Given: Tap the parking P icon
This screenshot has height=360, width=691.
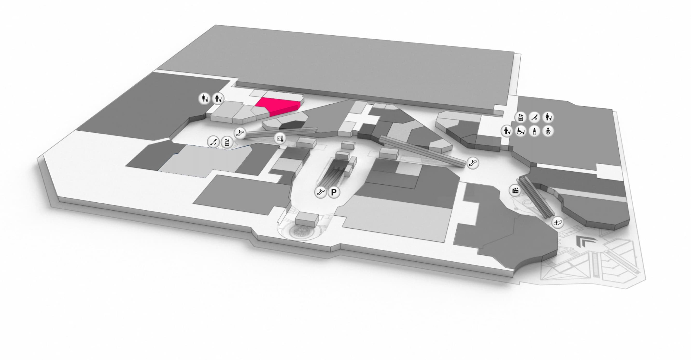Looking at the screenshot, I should [x=334, y=192].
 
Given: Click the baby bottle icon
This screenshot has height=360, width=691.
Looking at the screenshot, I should [x=534, y=131].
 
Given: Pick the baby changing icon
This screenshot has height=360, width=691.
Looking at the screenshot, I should [x=548, y=131].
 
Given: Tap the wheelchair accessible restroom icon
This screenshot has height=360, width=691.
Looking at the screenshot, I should [x=521, y=131].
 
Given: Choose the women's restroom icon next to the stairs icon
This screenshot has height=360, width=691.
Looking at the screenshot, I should [x=548, y=117].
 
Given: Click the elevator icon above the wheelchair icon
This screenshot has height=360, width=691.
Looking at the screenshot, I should [x=521, y=117].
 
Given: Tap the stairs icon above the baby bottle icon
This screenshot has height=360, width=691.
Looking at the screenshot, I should [x=534, y=117].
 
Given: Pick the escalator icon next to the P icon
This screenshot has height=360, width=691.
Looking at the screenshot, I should [x=321, y=192].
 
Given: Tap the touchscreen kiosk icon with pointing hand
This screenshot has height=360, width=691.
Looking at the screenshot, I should [x=280, y=139].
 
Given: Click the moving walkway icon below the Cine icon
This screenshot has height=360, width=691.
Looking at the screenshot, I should [x=558, y=222].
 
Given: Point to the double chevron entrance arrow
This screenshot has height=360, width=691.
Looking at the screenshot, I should [x=583, y=241].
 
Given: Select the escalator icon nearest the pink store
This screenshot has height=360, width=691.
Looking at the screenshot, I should [x=239, y=133].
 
